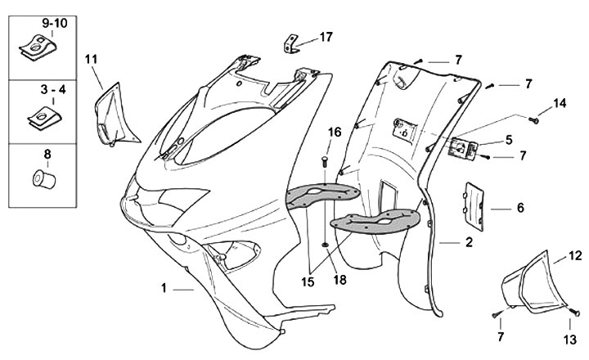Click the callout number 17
(x=326, y=37)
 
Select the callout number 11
(x=90, y=58)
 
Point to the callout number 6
(x=519, y=208)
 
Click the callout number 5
(x=508, y=140)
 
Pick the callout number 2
(x=469, y=242)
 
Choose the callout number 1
(x=164, y=288)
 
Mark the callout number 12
(x=575, y=256)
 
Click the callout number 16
(x=335, y=133)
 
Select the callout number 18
(x=339, y=279)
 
